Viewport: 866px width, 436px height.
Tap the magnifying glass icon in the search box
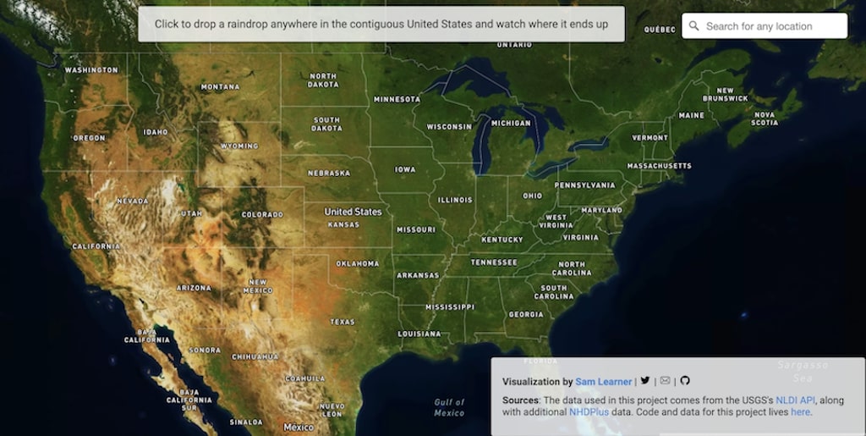coord(694,26)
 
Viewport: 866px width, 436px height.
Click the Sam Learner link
coord(604,382)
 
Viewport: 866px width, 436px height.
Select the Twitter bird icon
coord(645,381)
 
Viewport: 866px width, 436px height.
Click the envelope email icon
coord(665,381)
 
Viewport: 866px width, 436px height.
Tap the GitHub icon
coord(685,381)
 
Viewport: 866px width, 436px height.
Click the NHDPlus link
coord(589,412)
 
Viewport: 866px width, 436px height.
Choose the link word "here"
coord(800,412)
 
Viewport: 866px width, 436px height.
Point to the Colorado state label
coord(262,215)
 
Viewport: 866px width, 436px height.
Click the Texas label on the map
coord(343,322)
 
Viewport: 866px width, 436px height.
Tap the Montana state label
coord(220,87)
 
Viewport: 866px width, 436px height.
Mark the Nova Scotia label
coord(765,119)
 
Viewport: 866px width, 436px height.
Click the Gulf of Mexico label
coord(449,407)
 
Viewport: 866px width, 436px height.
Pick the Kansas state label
coord(343,224)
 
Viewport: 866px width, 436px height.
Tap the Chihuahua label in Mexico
coord(255,356)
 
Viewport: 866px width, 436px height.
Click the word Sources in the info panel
coord(519,400)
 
